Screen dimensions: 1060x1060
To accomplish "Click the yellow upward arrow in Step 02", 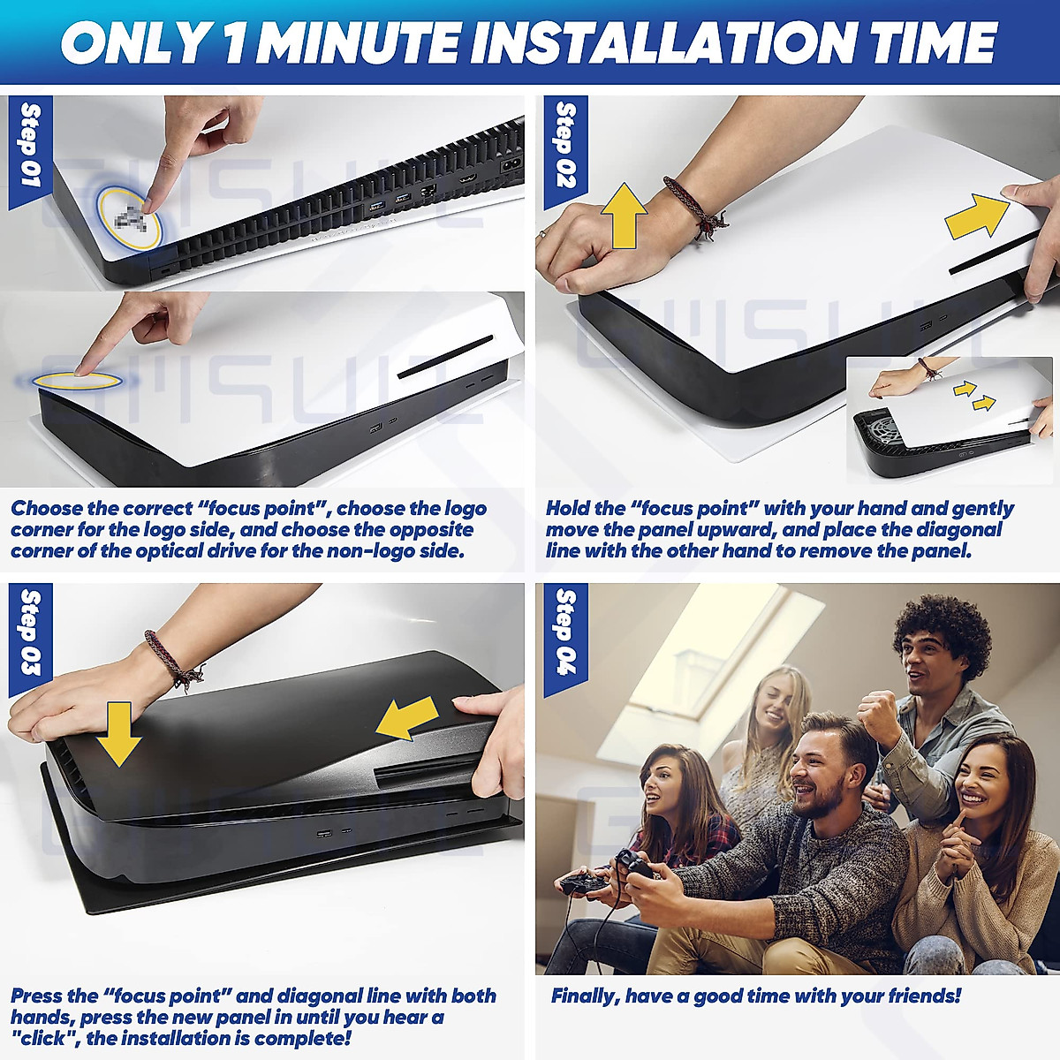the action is (x=625, y=216).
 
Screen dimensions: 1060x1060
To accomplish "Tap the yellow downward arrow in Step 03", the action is (x=119, y=734).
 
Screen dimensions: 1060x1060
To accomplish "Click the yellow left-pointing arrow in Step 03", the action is (x=407, y=718).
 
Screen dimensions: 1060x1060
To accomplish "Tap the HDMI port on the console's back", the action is (x=469, y=180).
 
